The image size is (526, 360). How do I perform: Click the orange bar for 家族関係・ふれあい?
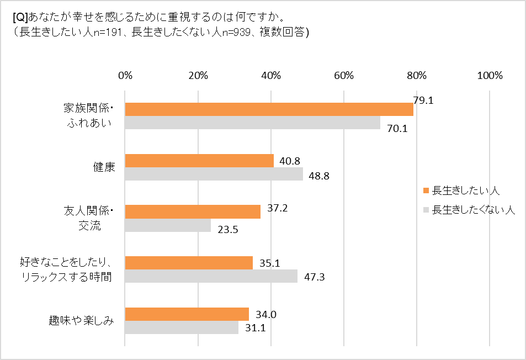point(269,109)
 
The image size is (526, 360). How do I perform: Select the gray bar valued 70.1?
point(252,123)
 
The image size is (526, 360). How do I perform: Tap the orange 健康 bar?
point(199,161)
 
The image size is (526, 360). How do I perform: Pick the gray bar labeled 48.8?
point(214,174)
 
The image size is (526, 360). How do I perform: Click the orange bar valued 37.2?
point(193,211)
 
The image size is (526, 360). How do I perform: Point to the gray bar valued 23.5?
point(168,225)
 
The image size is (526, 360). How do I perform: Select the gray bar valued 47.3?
point(211,276)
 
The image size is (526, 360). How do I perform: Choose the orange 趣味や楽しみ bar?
point(187,314)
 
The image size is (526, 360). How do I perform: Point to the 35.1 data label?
point(270,263)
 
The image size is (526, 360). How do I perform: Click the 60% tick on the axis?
point(344,76)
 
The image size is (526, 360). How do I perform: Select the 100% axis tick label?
point(490,76)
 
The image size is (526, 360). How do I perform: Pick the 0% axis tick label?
point(125,76)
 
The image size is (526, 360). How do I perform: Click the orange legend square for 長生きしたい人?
point(426,191)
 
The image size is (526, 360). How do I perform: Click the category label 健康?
point(104,167)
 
